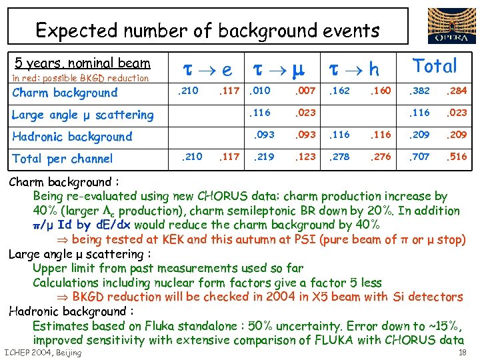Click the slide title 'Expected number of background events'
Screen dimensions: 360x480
click(207, 30)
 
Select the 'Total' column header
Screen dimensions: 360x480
click(435, 66)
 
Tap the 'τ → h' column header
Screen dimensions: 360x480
click(353, 69)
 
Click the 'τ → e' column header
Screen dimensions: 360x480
click(208, 69)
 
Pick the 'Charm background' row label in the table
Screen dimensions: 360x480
click(65, 93)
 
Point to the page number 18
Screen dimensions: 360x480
click(462, 353)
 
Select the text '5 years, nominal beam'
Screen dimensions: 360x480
click(83, 64)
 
